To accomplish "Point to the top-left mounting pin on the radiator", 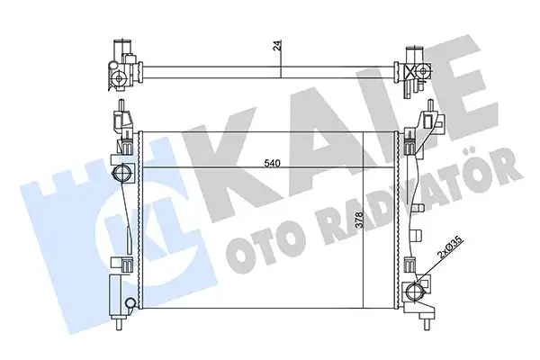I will click(119, 121).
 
